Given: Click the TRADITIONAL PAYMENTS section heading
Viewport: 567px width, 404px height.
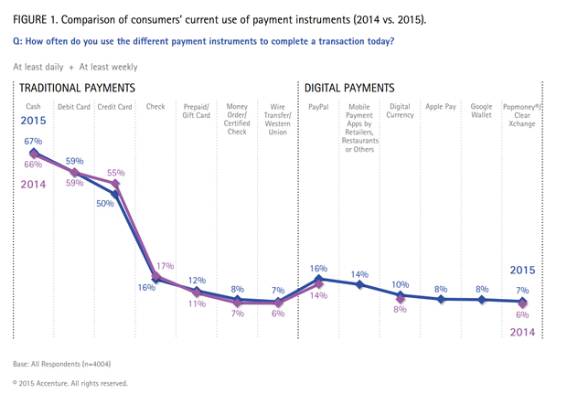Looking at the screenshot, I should [x=77, y=89].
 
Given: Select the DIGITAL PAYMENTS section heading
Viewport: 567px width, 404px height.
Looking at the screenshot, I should [x=348, y=89].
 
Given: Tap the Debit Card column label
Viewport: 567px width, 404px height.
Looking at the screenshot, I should [x=73, y=107].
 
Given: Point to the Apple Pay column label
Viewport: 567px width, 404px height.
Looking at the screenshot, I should [x=440, y=107].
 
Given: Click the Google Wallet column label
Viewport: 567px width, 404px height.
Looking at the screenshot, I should [x=481, y=112].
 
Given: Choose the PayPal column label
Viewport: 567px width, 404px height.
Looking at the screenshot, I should [x=317, y=107].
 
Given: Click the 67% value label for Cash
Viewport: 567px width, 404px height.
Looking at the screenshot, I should [x=34, y=142].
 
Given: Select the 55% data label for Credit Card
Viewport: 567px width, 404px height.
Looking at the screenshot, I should [x=116, y=173].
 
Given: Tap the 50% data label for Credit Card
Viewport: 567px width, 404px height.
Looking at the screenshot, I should [x=105, y=203].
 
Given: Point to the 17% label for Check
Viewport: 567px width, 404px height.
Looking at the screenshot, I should [x=166, y=266].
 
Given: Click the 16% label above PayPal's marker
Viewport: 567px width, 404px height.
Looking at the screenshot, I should [x=317, y=268].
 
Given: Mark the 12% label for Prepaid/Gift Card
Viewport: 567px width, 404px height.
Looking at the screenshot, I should [x=197, y=281].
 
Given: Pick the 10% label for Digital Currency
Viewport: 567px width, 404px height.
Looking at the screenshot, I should [x=400, y=284].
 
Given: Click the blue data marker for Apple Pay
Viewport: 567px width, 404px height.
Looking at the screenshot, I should [x=441, y=299].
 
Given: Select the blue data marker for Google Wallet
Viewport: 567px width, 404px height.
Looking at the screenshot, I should [x=482, y=300].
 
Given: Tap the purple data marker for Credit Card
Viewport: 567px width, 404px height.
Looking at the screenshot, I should [x=115, y=184].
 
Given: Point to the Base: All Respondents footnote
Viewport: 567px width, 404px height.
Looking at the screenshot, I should [x=63, y=364].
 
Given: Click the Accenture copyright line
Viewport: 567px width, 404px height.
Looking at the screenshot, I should [x=70, y=384].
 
